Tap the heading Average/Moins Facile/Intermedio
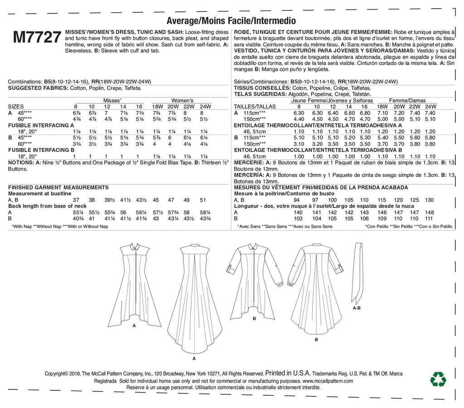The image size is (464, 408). click(x=231, y=21)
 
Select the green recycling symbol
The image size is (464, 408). click(x=438, y=379)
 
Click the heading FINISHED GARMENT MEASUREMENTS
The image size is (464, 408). click(x=58, y=187)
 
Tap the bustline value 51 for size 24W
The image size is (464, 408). click(x=203, y=200)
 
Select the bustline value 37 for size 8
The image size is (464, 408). click(x=76, y=200)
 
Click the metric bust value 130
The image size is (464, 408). click(x=430, y=200)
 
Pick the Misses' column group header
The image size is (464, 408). click(x=112, y=100)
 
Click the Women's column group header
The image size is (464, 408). click(x=182, y=100)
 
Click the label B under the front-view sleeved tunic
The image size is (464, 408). click(x=254, y=319)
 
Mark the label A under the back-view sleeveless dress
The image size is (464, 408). click(x=194, y=358)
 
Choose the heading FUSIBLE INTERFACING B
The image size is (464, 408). click(x=41, y=149)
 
